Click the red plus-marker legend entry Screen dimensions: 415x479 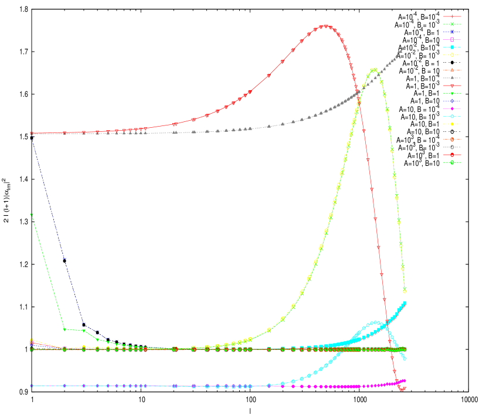tap(452, 16)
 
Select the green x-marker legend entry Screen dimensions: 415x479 tap(452, 24)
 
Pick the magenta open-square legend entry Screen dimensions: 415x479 tap(452, 39)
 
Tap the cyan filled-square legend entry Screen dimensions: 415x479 tap(452, 47)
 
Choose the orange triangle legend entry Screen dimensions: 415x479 tap(452, 70)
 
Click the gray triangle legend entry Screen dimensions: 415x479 tap(452, 78)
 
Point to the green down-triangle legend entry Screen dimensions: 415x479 tap(452, 93)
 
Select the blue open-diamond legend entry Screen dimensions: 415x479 tap(452, 101)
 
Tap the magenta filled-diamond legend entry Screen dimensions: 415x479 tap(452, 108)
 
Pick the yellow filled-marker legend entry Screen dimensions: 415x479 tap(452, 124)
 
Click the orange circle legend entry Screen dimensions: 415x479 tap(452, 140)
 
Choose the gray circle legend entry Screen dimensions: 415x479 tap(452, 147)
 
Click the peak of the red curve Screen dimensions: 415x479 tap(325, 26)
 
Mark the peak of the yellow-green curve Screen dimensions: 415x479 tap(374, 70)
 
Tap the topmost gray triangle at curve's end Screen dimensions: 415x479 tap(405, 47)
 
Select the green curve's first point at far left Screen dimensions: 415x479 tap(32, 215)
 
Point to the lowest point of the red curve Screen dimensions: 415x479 tap(402, 389)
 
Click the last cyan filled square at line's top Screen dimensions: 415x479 tap(405, 303)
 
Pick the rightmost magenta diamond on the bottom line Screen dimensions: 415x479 tap(405, 381)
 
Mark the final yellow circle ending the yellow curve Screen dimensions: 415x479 tap(405, 291)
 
